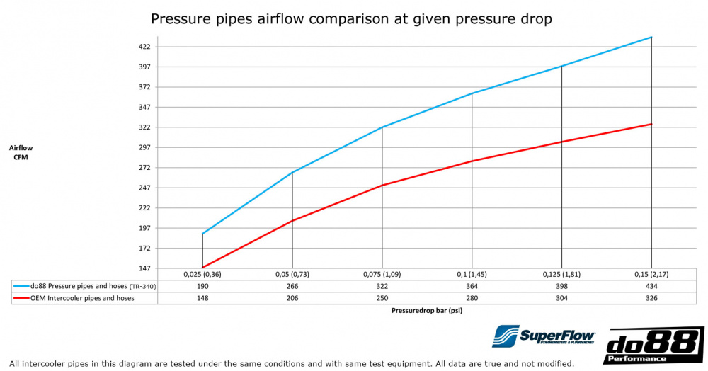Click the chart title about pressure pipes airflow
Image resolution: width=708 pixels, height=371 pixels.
coord(351,19)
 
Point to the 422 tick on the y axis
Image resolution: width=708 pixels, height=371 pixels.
coord(144,47)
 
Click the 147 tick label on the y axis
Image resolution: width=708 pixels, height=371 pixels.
coord(144,268)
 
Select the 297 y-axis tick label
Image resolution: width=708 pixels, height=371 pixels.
coord(144,147)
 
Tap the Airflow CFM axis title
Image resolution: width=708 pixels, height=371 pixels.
coord(21,152)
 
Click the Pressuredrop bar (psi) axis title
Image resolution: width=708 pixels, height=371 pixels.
coord(426,310)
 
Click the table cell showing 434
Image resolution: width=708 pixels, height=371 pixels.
coord(651,286)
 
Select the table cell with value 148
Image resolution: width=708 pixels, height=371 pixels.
coord(202,298)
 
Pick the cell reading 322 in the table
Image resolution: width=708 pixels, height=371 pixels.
coord(382,286)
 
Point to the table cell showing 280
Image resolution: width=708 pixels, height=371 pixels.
coord(472,298)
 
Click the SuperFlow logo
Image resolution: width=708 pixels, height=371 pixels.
coord(544,336)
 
